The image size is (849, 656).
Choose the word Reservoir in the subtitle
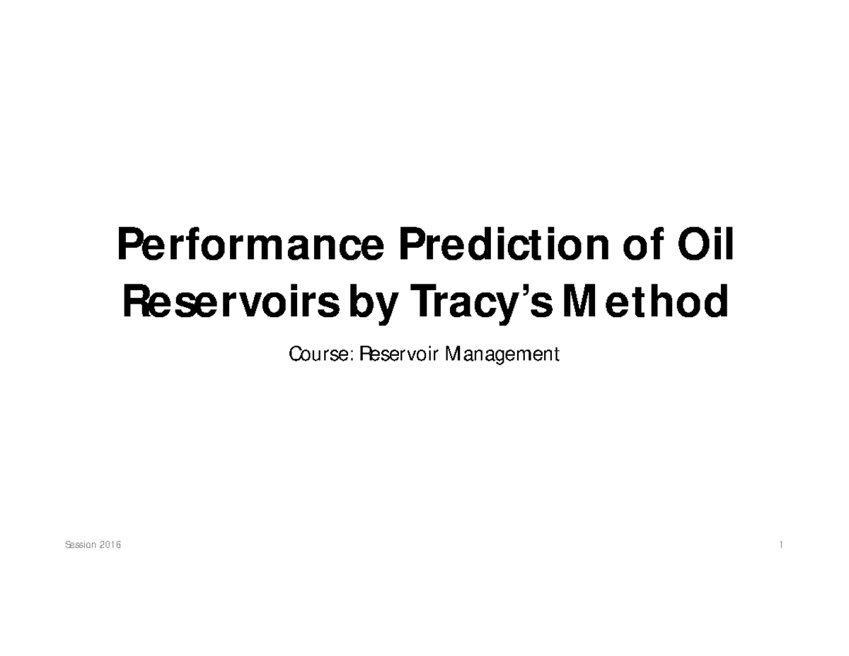coord(398,353)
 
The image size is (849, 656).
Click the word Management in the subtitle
coord(502,353)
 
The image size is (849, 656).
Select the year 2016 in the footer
coord(110,546)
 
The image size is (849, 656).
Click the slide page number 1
coord(780,546)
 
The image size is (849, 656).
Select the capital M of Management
coord(452,353)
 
